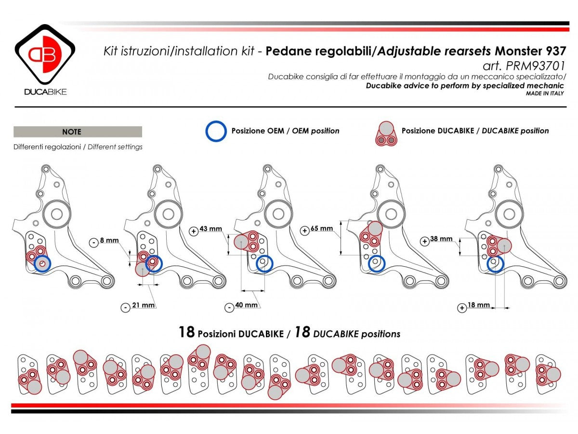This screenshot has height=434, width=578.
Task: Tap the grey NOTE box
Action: (78, 132)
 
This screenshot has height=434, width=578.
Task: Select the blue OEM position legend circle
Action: (216, 131)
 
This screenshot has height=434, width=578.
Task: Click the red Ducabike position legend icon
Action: (385, 133)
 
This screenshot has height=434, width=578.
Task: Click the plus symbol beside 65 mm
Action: (304, 231)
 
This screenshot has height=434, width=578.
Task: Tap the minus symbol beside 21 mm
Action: (126, 307)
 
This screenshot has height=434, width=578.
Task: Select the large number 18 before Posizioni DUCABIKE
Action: (186, 332)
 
